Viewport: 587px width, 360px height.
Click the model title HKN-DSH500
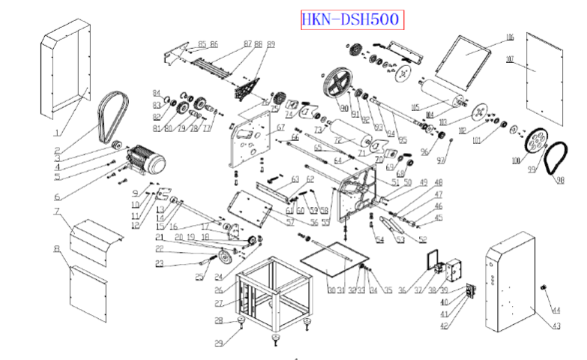click(351, 19)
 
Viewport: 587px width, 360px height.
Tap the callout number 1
click(57, 133)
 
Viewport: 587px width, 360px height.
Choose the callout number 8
click(56, 247)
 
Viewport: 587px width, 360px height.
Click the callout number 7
click(56, 211)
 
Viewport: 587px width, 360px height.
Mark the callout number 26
click(218, 290)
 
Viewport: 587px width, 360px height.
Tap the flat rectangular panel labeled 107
click(540, 82)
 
